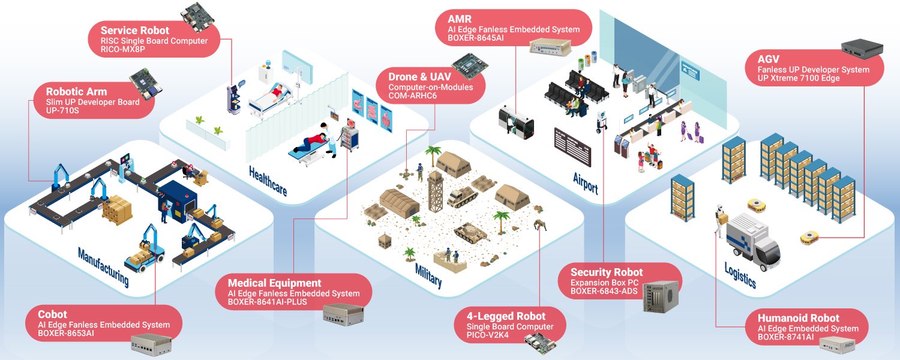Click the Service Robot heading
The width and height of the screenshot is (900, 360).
(x=134, y=31)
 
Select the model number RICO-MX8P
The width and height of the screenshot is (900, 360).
(x=122, y=49)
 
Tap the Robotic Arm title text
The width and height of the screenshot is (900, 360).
(x=76, y=92)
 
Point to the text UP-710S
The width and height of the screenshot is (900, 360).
(x=62, y=110)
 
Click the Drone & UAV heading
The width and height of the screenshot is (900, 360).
(x=419, y=77)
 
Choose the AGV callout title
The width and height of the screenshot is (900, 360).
(x=768, y=59)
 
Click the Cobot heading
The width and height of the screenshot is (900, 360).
(x=52, y=314)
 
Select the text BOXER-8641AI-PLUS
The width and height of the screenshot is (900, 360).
(x=267, y=302)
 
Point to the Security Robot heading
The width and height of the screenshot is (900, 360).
(x=606, y=272)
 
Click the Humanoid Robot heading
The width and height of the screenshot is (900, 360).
(x=799, y=318)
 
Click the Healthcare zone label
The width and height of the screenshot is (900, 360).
(x=268, y=181)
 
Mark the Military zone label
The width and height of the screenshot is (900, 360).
(x=428, y=275)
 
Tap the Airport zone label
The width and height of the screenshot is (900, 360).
(x=586, y=184)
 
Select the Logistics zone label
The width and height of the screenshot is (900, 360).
(x=740, y=275)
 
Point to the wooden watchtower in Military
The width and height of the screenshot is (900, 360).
(x=435, y=191)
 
